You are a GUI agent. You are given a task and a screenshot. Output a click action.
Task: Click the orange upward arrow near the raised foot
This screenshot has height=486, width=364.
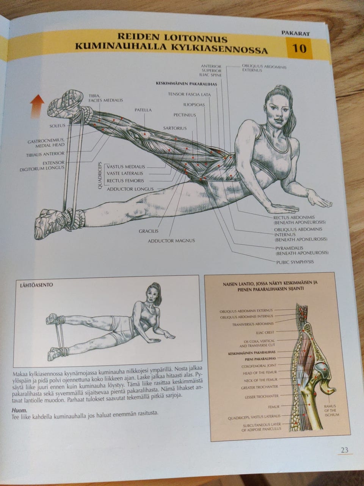click(37, 106)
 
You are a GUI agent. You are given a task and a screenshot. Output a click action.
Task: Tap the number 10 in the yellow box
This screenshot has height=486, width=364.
click(300, 48)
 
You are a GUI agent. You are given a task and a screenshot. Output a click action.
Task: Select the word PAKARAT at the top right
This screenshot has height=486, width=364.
click(295, 33)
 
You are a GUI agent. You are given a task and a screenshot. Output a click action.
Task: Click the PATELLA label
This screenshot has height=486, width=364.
click(143, 110)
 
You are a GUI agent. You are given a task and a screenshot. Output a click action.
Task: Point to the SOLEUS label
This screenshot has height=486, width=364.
click(58, 126)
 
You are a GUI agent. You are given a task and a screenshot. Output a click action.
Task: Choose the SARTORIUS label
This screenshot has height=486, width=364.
click(175, 128)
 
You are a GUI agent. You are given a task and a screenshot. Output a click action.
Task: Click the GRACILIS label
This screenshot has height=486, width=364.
click(149, 231)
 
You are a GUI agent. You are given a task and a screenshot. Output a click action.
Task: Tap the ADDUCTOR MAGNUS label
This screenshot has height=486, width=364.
click(171, 241)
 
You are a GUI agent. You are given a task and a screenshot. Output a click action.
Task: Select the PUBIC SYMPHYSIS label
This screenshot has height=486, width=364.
click(295, 262)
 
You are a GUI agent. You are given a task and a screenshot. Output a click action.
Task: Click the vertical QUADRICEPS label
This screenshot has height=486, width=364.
click(100, 176)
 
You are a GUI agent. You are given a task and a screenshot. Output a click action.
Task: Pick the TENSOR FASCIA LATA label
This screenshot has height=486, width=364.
click(189, 95)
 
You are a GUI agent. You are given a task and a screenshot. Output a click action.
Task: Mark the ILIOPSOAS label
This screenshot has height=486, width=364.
click(194, 105)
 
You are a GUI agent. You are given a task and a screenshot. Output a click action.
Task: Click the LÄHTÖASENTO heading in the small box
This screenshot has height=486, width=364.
click(36, 285)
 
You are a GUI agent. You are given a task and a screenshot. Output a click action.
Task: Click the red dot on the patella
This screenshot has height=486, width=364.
click(144, 134)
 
